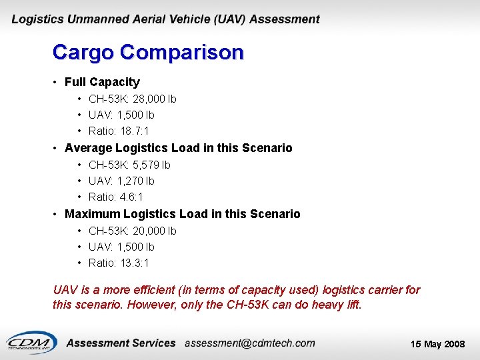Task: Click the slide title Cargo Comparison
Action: [148, 52]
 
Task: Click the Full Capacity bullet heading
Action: [102, 82]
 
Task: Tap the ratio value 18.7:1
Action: [135, 131]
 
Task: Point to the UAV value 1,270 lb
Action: [135, 181]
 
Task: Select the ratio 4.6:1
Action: [131, 197]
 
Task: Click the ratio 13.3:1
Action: [135, 263]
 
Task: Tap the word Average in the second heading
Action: [88, 148]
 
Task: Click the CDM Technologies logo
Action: [30, 341]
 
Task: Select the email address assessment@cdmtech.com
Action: [249, 343]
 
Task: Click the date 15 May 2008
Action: [437, 344]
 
